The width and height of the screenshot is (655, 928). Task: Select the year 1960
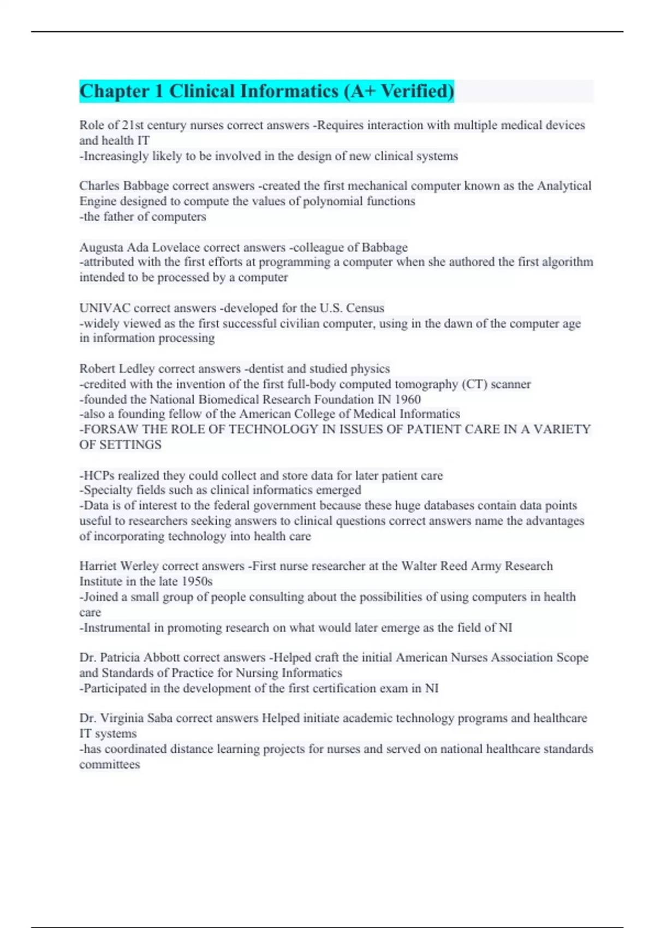point(407,400)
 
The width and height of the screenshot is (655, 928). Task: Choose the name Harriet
point(97,566)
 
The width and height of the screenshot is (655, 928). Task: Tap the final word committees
point(109,764)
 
